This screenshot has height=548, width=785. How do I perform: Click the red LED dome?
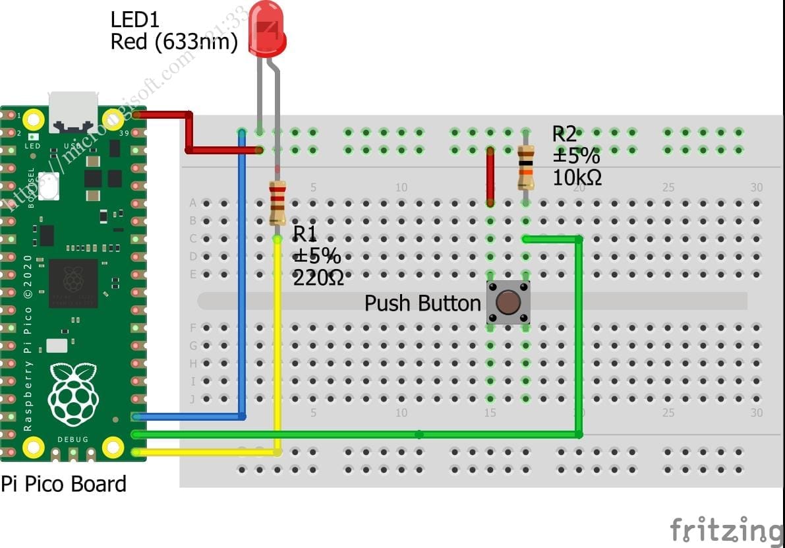click(268, 30)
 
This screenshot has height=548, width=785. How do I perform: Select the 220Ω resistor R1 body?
click(277, 202)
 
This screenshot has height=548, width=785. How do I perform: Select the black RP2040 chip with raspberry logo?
click(73, 283)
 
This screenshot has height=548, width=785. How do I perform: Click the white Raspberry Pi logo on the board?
click(74, 394)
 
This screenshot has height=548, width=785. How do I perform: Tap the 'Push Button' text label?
click(422, 303)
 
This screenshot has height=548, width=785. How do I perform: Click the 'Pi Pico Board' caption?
click(63, 484)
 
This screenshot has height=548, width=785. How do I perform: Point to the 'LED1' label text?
click(134, 20)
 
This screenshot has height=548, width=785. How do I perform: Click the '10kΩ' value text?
click(577, 177)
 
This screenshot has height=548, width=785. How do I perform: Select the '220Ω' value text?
click(318, 277)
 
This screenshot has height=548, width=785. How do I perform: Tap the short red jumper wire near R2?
click(490, 177)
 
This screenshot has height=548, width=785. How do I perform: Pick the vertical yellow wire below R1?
click(277, 343)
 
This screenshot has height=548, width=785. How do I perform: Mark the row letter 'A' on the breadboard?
click(193, 202)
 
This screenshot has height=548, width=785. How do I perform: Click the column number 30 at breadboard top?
click(756, 187)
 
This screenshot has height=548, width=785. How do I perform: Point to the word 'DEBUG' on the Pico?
click(73, 439)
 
